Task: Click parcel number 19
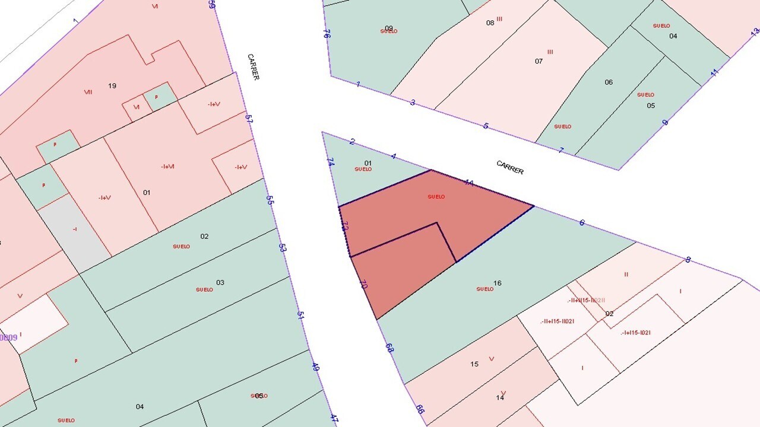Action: (112, 86)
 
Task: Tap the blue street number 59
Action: (212, 4)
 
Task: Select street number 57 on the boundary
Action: (249, 118)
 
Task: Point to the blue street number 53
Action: (283, 247)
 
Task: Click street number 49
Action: (315, 367)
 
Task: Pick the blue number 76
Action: (327, 34)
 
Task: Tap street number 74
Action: (330, 161)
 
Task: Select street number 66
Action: (420, 409)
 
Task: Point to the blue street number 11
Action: (714, 72)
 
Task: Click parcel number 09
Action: (389, 28)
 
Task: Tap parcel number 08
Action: (490, 23)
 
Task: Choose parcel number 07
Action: (539, 61)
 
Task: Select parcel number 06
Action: (609, 82)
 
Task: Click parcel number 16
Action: (498, 283)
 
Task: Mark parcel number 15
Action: (474, 364)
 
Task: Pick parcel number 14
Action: (500, 397)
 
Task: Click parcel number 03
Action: (220, 282)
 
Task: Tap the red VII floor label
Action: (88, 92)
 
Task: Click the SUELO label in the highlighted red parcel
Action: (436, 197)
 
